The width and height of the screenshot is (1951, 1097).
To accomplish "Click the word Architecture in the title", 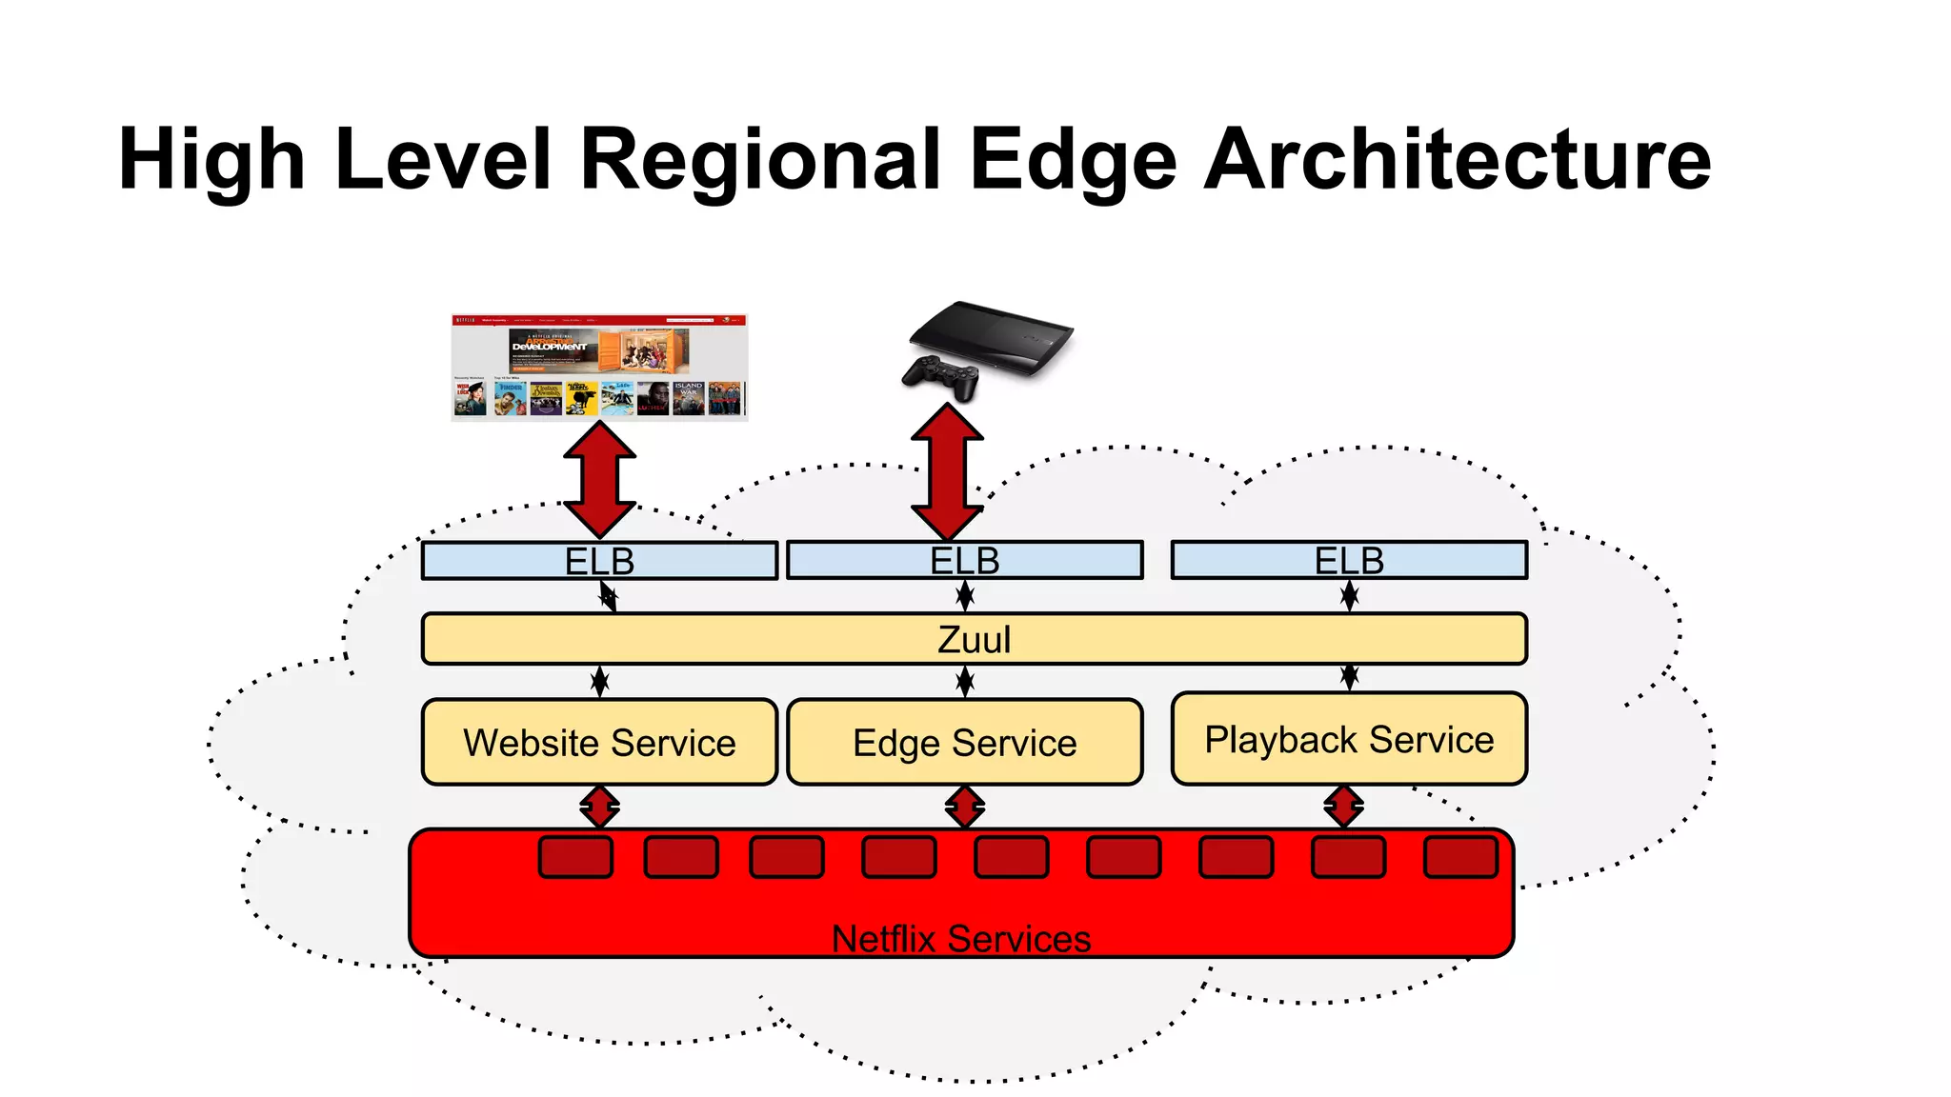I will click(1458, 159).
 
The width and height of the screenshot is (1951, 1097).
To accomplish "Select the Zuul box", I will click(974, 639).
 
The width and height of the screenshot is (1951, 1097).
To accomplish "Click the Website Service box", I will click(599, 743).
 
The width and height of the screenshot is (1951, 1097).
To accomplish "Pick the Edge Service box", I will click(964, 743).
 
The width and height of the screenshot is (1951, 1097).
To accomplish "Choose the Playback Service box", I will click(1349, 740).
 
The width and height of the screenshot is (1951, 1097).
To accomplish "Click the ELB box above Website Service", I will click(599, 561).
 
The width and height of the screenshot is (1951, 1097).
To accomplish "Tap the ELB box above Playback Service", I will click(1349, 560).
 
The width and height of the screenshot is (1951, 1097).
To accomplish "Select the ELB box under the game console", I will click(964, 560).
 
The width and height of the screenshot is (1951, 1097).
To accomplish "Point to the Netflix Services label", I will click(960, 939).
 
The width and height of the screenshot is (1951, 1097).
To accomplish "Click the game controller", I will click(940, 374).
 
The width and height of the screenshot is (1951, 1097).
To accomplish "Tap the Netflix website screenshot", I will click(599, 368).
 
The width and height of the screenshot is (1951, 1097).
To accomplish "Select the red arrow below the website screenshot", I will click(599, 480).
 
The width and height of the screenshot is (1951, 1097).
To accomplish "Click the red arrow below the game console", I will click(947, 471).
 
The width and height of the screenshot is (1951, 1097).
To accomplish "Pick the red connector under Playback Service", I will click(1343, 807).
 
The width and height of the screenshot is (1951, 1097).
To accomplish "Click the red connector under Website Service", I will click(599, 807).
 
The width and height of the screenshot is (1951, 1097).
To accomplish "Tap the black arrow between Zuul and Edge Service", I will click(965, 681).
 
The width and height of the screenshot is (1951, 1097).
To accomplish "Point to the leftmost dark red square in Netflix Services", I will click(575, 856).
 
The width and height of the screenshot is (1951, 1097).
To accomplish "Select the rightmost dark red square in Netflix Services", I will click(1460, 856).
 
